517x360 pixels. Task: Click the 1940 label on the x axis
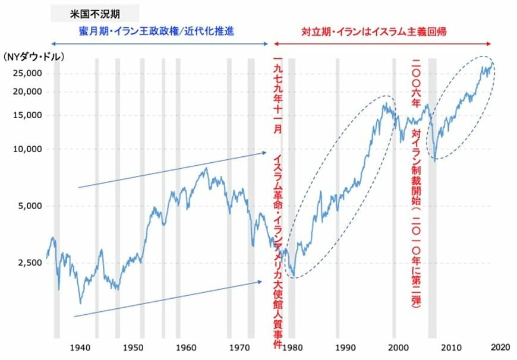(81, 347)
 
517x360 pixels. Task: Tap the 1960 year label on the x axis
(186, 347)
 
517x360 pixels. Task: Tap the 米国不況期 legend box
(95, 12)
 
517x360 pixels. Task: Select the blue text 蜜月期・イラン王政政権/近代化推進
(156, 30)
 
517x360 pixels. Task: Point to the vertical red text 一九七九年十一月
(276, 94)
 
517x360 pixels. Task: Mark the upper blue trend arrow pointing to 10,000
(172, 170)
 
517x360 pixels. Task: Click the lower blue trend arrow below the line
(166, 299)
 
